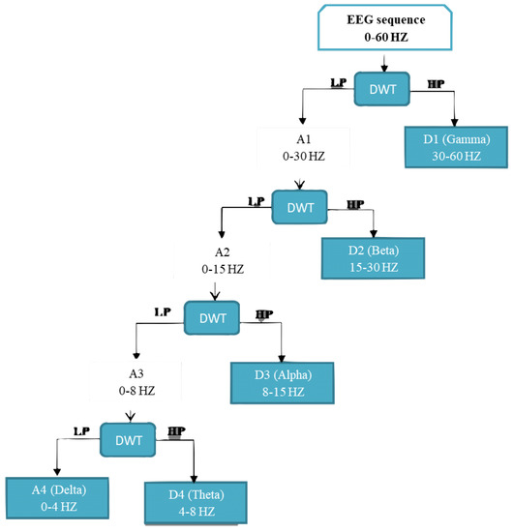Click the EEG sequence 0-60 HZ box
pos(386,27)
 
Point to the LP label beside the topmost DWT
pos(339,83)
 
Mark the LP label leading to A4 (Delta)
pos(84,431)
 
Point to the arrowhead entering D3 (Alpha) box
pos(281,359)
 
